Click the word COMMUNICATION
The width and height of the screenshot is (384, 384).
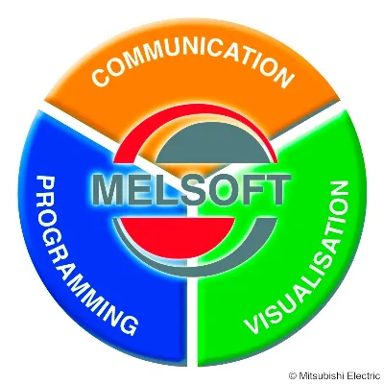coord(192,65)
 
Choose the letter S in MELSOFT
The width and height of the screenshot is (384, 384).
coord(181,192)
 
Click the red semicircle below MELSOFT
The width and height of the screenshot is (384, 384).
coord(177,232)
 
